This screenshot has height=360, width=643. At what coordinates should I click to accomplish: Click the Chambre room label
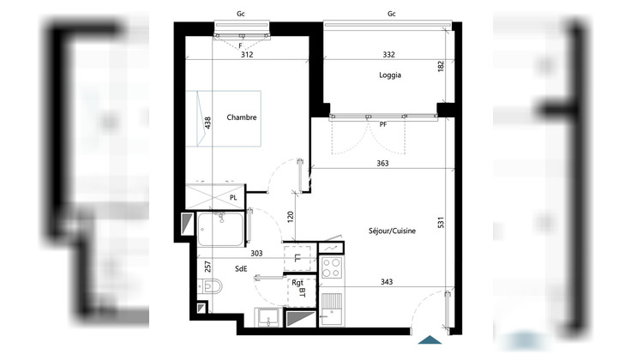click(x=243, y=117)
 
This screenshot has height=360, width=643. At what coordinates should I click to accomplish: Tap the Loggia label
click(x=390, y=75)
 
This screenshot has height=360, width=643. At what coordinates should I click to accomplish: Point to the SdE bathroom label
click(x=241, y=267)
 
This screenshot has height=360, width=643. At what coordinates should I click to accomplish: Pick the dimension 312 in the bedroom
click(x=247, y=53)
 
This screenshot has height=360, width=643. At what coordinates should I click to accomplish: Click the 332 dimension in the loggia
click(x=388, y=53)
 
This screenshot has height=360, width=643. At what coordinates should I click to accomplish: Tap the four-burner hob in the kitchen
click(x=330, y=267)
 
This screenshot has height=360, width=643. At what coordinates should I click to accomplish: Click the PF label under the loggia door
click(x=384, y=124)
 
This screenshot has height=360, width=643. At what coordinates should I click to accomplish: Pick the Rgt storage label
click(x=298, y=282)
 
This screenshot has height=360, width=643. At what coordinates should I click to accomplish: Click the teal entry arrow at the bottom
click(x=427, y=339)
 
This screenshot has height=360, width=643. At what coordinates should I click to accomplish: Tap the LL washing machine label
click(x=297, y=257)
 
